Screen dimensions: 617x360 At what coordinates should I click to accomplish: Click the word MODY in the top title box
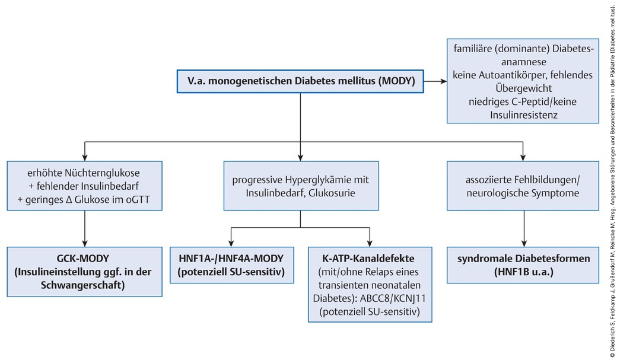[397, 81]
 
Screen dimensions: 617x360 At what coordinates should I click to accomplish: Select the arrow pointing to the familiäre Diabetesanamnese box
[435, 81]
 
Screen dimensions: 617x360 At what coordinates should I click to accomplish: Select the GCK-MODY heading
[83, 259]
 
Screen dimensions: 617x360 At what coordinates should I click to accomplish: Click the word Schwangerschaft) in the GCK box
[82, 285]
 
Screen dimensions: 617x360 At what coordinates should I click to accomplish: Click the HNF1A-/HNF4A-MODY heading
[231, 259]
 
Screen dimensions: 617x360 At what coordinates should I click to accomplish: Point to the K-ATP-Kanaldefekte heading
[368, 259]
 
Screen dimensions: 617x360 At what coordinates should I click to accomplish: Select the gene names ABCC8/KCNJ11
[393, 298]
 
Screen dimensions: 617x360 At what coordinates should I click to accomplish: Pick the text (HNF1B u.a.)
[523, 272]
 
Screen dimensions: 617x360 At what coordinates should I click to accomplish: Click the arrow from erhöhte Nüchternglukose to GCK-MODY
[85, 228]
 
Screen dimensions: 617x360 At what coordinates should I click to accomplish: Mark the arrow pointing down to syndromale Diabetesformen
[524, 228]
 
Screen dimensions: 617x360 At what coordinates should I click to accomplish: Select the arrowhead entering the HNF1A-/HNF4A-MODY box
[231, 243]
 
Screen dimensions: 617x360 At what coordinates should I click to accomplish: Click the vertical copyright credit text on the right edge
[613, 180]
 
